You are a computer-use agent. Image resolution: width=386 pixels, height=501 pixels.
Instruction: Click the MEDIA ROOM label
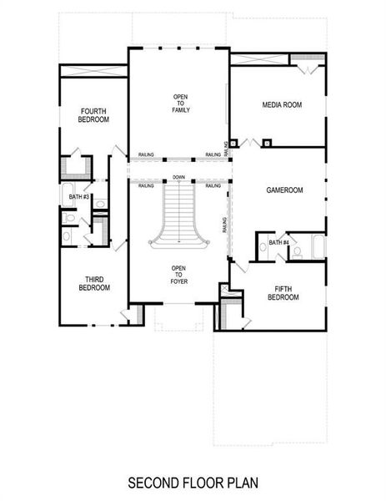[x=281, y=104]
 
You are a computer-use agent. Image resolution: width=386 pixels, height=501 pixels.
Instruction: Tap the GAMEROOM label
[x=284, y=190]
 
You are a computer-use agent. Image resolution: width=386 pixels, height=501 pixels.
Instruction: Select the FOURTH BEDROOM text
[x=94, y=115]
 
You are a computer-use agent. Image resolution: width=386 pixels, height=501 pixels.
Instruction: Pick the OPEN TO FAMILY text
[x=180, y=103]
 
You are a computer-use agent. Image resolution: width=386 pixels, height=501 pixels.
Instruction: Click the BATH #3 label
[x=79, y=197]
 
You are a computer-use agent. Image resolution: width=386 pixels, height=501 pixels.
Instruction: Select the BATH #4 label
[x=279, y=242]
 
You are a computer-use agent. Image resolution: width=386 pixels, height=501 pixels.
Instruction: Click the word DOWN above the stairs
[x=178, y=178]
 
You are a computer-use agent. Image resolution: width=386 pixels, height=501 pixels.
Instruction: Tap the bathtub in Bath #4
[x=318, y=246]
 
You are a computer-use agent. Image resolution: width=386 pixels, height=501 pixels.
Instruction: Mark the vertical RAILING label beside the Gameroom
[x=225, y=225]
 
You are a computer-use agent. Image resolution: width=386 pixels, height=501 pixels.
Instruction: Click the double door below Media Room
[x=248, y=144]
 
